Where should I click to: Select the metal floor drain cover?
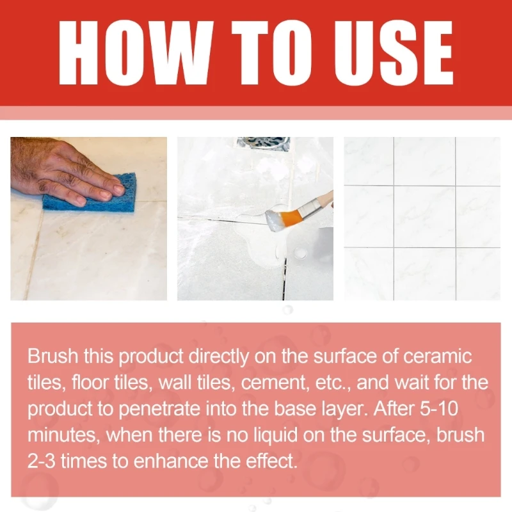click(263, 144)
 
